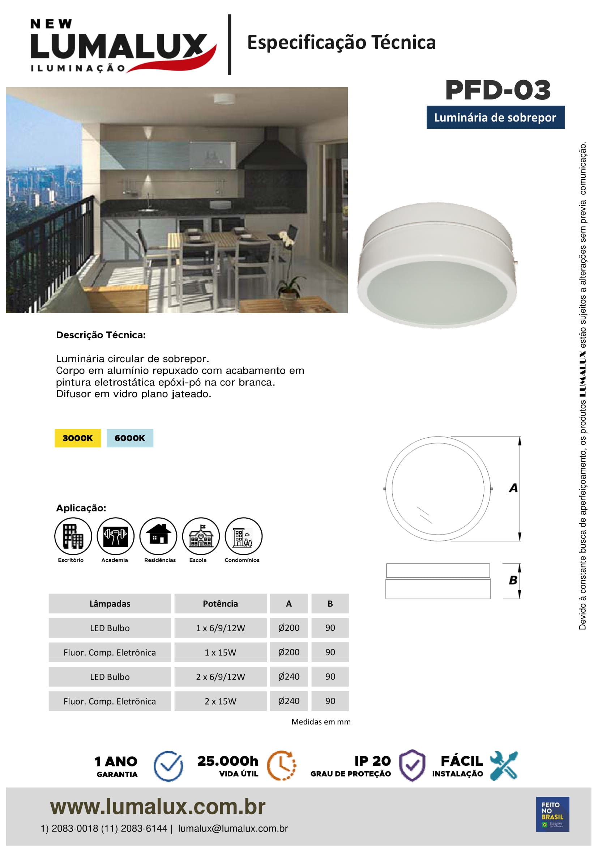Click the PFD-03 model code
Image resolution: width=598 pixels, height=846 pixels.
(x=497, y=90)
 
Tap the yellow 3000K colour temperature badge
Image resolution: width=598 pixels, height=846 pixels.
(x=78, y=438)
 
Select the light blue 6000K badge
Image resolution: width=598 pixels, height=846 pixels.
(x=130, y=438)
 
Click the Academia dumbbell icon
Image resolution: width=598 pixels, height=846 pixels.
(x=115, y=536)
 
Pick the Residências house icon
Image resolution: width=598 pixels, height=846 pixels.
(x=158, y=536)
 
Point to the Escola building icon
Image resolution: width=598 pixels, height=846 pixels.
(x=201, y=536)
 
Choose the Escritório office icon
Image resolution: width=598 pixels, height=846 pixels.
(x=73, y=536)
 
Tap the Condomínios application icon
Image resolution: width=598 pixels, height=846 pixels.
(x=243, y=536)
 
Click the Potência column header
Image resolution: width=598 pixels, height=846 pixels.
(x=220, y=604)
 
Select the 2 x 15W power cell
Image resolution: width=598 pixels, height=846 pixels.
(x=220, y=701)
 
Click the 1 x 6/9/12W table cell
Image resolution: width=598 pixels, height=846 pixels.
(x=220, y=628)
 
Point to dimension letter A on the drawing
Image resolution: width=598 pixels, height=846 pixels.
(x=513, y=488)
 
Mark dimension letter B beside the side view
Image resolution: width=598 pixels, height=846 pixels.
(x=513, y=580)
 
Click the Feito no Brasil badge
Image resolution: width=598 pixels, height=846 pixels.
(x=552, y=814)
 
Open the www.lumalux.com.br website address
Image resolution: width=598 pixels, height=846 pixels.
(x=158, y=807)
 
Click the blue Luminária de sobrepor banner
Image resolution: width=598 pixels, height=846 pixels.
(x=495, y=118)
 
